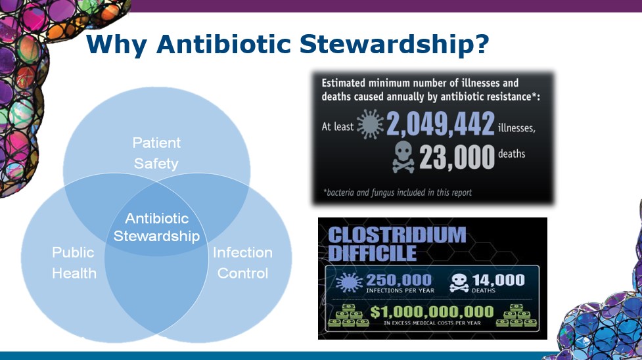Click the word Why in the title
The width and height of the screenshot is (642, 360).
(x=116, y=44)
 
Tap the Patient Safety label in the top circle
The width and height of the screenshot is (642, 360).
(x=156, y=152)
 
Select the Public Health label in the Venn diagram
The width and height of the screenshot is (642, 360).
(x=74, y=263)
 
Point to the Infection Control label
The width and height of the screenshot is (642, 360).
(x=242, y=263)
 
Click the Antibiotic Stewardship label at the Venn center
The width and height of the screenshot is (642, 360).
(x=156, y=227)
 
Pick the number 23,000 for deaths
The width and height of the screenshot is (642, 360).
(x=456, y=158)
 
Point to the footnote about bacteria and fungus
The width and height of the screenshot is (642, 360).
(x=397, y=192)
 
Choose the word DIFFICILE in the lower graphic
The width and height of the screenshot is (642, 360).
(x=372, y=253)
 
